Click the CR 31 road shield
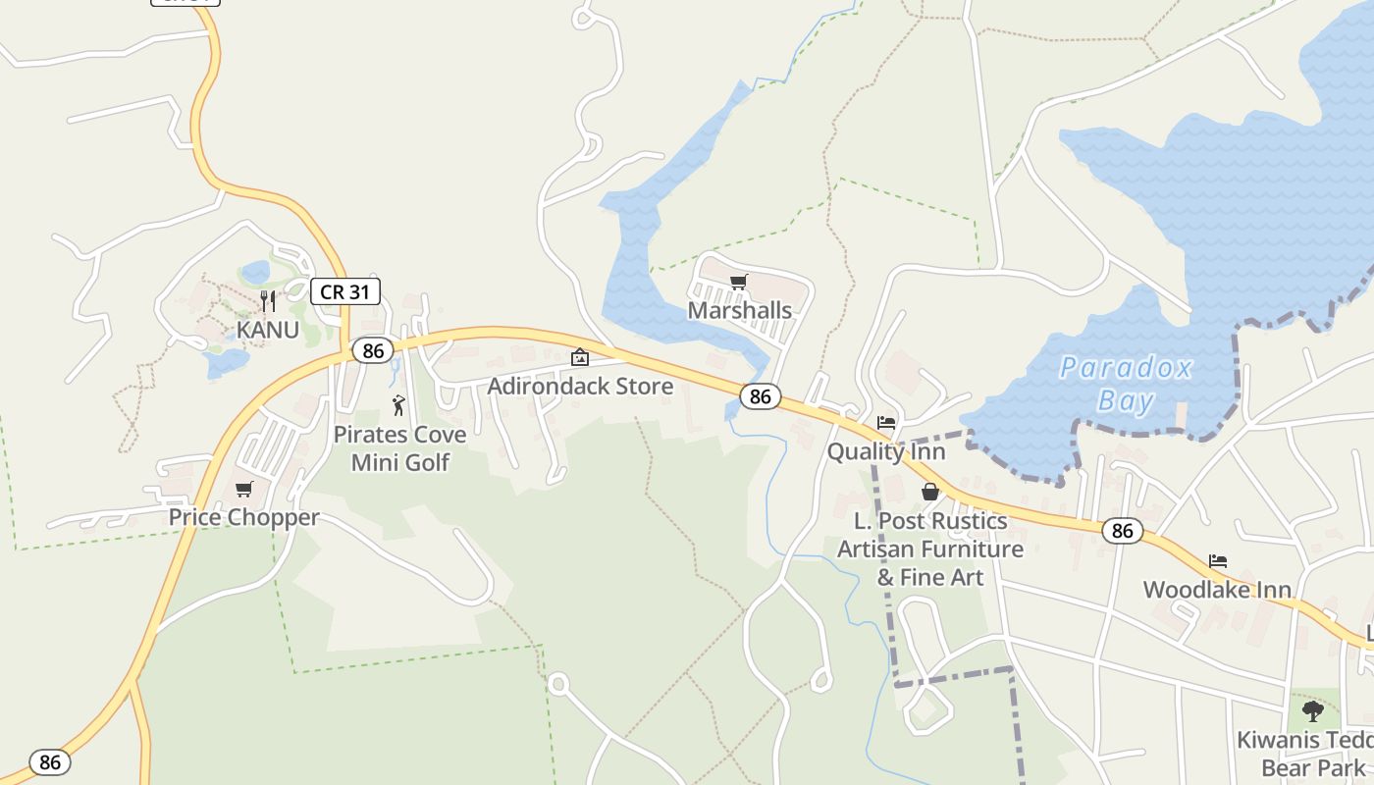click(345, 290)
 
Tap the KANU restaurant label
click(267, 330)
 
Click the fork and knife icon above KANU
click(267, 300)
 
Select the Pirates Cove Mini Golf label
click(400, 447)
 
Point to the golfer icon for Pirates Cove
click(398, 405)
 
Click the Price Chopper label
click(243, 517)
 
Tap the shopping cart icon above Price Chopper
click(243, 489)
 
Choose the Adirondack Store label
click(580, 386)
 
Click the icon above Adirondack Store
click(580, 357)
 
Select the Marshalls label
click(739, 310)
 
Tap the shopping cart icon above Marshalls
click(739, 283)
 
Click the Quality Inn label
click(886, 451)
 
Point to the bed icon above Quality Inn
click(886, 423)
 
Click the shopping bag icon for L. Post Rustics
click(930, 492)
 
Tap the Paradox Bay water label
click(1125, 384)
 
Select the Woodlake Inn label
click(1217, 590)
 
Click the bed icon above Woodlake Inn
click(1218, 561)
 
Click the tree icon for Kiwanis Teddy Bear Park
click(1313, 710)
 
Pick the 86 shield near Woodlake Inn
click(1123, 531)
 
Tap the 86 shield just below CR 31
click(373, 350)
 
